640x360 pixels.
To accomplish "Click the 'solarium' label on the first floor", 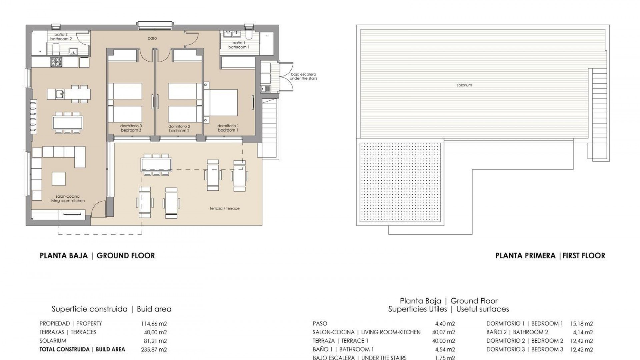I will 464,85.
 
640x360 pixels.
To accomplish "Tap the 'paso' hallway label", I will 152,38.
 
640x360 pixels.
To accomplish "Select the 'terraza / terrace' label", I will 225,208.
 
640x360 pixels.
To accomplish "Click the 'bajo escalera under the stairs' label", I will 303,76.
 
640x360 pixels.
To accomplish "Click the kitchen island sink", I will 60,94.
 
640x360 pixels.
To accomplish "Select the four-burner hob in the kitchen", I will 56,62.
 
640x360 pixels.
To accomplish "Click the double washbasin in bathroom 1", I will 233,34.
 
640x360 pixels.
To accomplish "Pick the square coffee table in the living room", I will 59,179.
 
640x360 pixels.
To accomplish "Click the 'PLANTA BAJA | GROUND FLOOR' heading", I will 97,256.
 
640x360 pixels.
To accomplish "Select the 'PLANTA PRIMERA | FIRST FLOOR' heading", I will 550,256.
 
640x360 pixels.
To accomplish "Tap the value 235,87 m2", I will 154,350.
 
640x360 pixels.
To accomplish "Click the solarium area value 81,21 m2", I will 154,341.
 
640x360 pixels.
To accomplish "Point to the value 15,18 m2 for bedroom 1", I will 581,324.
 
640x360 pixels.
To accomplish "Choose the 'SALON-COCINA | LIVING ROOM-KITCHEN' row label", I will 366,332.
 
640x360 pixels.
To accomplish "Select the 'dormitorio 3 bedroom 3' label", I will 131,128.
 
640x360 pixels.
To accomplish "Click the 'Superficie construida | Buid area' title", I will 111,309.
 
